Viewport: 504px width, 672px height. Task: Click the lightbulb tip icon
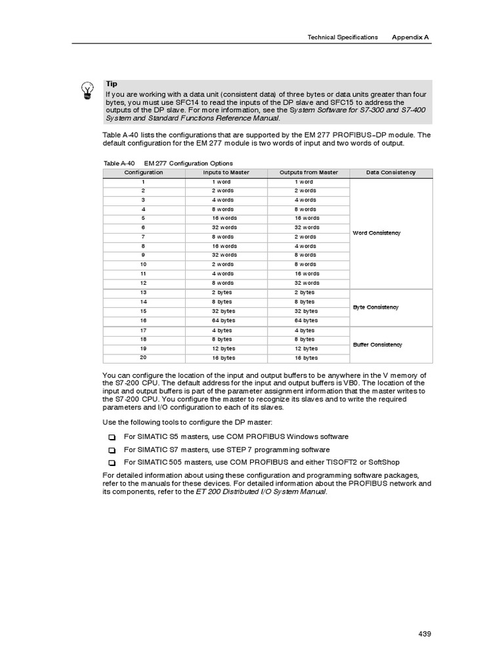click(87, 91)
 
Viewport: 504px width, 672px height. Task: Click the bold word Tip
click(112, 84)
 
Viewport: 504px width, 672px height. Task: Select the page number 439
click(424, 633)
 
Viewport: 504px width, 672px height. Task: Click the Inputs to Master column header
click(226, 173)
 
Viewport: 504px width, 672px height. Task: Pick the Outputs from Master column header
click(308, 173)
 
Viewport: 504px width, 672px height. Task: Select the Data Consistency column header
click(391, 173)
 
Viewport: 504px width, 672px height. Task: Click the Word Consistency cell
click(376, 233)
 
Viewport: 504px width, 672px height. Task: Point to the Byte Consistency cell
click(375, 307)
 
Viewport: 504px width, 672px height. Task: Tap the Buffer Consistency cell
click(377, 345)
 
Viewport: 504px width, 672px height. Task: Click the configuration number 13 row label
click(143, 292)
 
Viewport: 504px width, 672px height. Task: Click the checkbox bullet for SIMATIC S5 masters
click(112, 437)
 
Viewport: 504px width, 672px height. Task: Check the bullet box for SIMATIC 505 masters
click(112, 463)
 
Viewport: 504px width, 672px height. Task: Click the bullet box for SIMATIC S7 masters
click(112, 450)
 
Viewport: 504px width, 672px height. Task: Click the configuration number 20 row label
click(143, 358)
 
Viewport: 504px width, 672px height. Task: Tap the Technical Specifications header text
click(343, 37)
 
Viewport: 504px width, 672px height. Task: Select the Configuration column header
click(144, 173)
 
